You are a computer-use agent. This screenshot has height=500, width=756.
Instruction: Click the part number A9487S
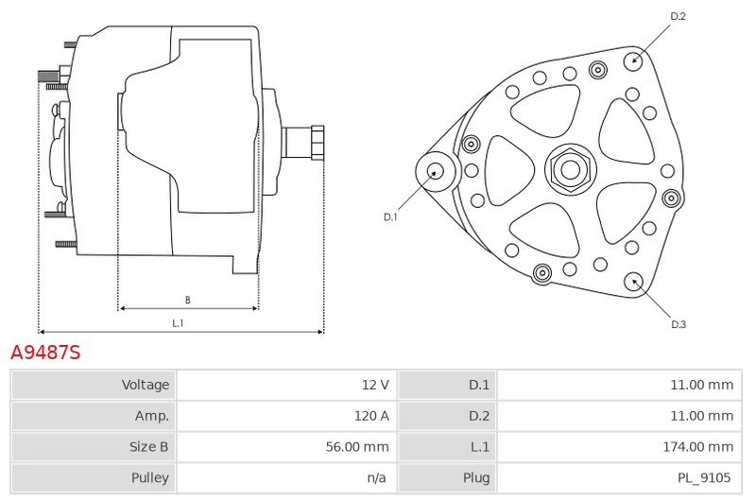point(45,353)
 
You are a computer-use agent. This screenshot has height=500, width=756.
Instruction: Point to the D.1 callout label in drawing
point(390,217)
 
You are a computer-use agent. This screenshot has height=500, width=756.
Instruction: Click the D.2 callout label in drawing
point(678,16)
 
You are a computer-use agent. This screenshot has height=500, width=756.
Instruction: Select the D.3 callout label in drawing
point(678,324)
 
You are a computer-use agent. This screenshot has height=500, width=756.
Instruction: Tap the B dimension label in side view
point(187,300)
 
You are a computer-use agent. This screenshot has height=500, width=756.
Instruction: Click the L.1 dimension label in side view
point(178,323)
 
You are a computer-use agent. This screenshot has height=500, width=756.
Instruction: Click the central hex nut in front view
point(570,170)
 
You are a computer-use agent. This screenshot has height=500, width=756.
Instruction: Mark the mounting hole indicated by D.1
point(436,171)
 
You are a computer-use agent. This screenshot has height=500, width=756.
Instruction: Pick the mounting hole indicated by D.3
point(633,280)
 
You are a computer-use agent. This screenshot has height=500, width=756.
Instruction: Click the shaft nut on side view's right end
point(317,143)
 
